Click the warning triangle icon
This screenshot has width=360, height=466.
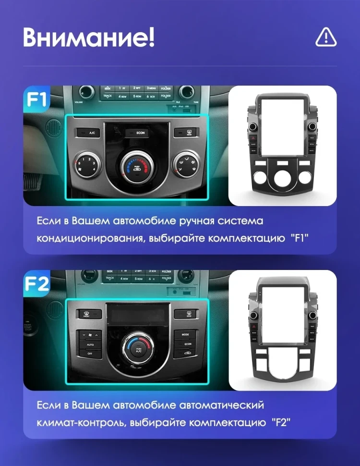pyautogui.click(x=326, y=37)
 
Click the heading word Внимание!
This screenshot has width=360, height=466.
pyautogui.click(x=89, y=37)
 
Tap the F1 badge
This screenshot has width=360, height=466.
pyautogui.click(x=37, y=100)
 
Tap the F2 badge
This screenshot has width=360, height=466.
pyautogui.click(x=37, y=284)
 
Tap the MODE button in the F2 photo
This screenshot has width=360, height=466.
pyautogui.click(x=185, y=334)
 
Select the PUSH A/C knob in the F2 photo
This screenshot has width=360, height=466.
pyautogui.click(x=138, y=347)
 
